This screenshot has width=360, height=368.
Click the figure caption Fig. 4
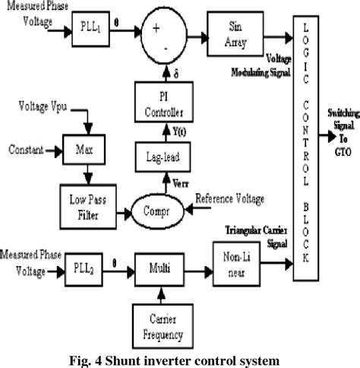[x=179, y=357]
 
